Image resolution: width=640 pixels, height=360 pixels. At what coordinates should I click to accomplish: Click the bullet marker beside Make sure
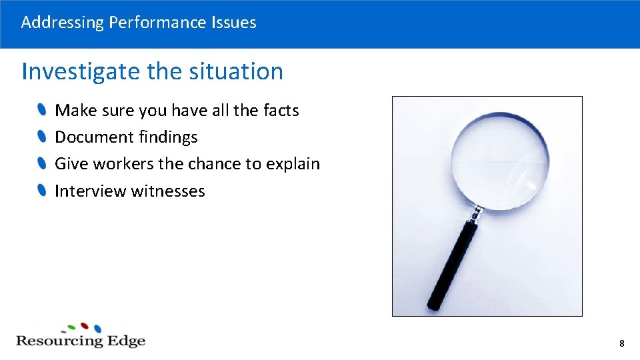[x=42, y=109]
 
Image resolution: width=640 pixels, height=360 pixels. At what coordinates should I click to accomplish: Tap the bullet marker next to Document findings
[x=42, y=137]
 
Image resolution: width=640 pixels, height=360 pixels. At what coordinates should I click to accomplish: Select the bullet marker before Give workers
[x=42, y=163]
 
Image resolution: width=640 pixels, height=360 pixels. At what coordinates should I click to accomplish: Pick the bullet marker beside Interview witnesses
[x=42, y=191]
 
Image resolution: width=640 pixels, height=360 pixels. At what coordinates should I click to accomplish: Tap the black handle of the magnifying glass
[x=453, y=267]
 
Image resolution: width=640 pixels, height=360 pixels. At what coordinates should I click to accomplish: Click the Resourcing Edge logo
[x=80, y=336]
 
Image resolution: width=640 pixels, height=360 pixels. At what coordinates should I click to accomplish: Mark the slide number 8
[x=621, y=344]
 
